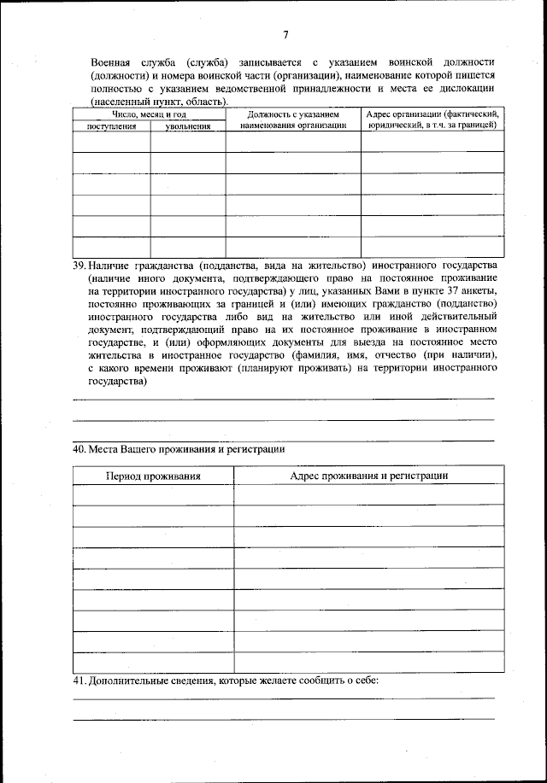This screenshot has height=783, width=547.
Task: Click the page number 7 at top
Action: [285, 34]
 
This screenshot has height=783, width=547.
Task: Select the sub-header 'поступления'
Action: [112, 126]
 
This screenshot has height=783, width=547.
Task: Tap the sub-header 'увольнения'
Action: [188, 126]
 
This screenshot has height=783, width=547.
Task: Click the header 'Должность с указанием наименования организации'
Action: [293, 119]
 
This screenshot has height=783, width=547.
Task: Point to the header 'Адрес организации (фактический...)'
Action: [432, 119]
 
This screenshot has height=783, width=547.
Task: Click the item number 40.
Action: [79, 449]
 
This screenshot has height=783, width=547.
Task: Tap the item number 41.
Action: [79, 681]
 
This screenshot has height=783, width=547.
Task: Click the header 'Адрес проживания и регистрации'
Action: [369, 476]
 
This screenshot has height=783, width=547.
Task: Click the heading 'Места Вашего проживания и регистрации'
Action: [186, 449]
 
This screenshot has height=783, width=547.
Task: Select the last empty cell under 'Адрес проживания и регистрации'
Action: [369, 663]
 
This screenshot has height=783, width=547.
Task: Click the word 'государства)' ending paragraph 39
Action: [117, 382]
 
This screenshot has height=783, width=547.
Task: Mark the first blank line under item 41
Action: [283, 698]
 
